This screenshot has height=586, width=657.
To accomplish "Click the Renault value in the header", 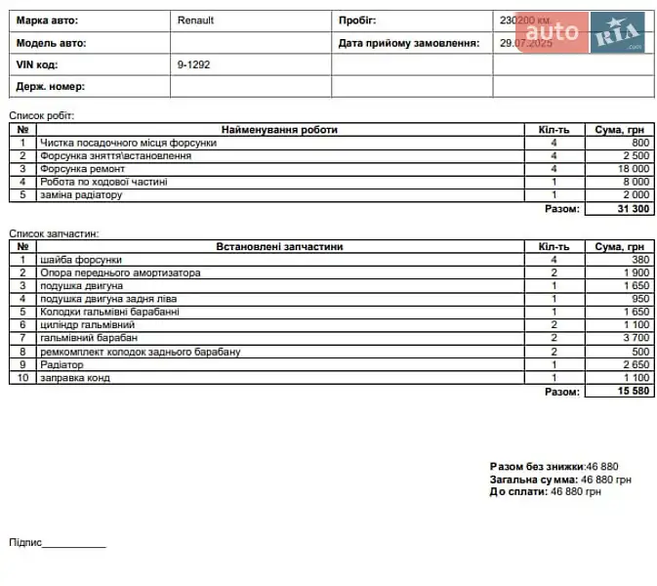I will tap(195, 20).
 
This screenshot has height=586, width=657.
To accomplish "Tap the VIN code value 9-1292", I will tap(193, 64).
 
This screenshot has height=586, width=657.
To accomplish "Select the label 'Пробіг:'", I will tap(357, 20).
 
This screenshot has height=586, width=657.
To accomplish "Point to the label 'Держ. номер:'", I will tap(51, 87).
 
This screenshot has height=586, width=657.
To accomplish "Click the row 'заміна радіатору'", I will tap(81, 194).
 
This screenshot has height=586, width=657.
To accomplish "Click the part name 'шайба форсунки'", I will tap(80, 260).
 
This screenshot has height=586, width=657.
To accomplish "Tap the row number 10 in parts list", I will tap(22, 377).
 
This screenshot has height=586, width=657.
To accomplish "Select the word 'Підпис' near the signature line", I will tap(24, 542).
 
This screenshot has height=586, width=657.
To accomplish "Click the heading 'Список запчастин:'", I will tap(55, 233).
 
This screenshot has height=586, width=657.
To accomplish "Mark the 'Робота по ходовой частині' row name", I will tap(103, 182).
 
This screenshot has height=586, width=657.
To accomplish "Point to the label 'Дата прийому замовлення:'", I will tap(409, 43).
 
